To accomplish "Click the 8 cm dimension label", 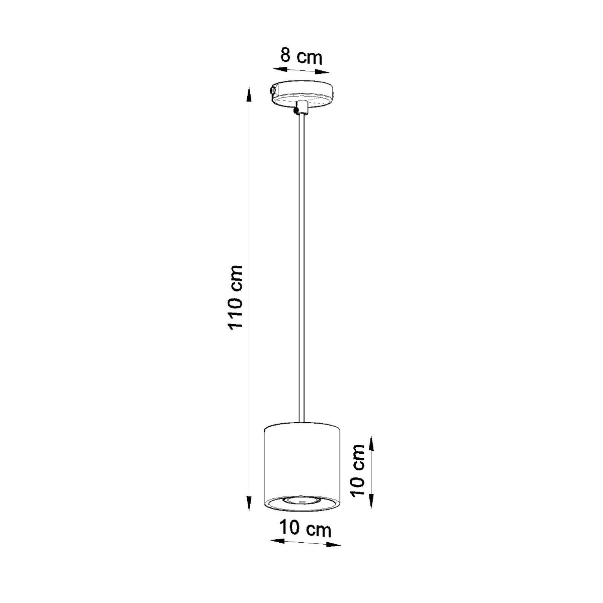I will [x=301, y=56].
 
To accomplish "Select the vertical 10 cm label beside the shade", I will [x=358, y=470].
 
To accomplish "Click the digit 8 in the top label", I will [x=285, y=55].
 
